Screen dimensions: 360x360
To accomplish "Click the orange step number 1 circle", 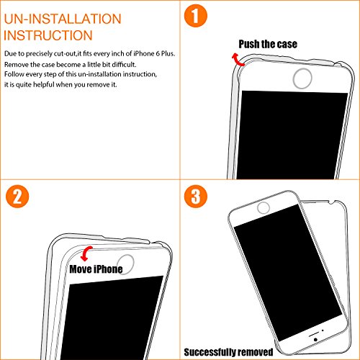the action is click(196, 16).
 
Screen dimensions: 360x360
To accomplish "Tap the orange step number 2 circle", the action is click(17, 197).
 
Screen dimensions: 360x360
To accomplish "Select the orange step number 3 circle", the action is click(196, 197).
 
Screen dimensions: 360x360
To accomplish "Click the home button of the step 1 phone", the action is click(302, 78).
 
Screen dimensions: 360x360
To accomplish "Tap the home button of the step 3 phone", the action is click(264, 208).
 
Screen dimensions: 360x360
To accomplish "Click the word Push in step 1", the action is click(249, 44).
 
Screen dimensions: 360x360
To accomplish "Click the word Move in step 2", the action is click(81, 269).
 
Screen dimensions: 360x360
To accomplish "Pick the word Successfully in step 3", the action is click(210, 352).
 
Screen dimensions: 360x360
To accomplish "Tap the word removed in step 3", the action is click(255, 352).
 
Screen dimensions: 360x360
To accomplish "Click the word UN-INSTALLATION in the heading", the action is click(63, 19).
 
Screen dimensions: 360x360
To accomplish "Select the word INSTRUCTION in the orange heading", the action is click(48, 35).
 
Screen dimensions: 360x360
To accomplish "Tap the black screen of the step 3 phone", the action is click(288, 272).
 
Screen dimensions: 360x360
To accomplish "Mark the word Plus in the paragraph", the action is click(168, 53).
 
